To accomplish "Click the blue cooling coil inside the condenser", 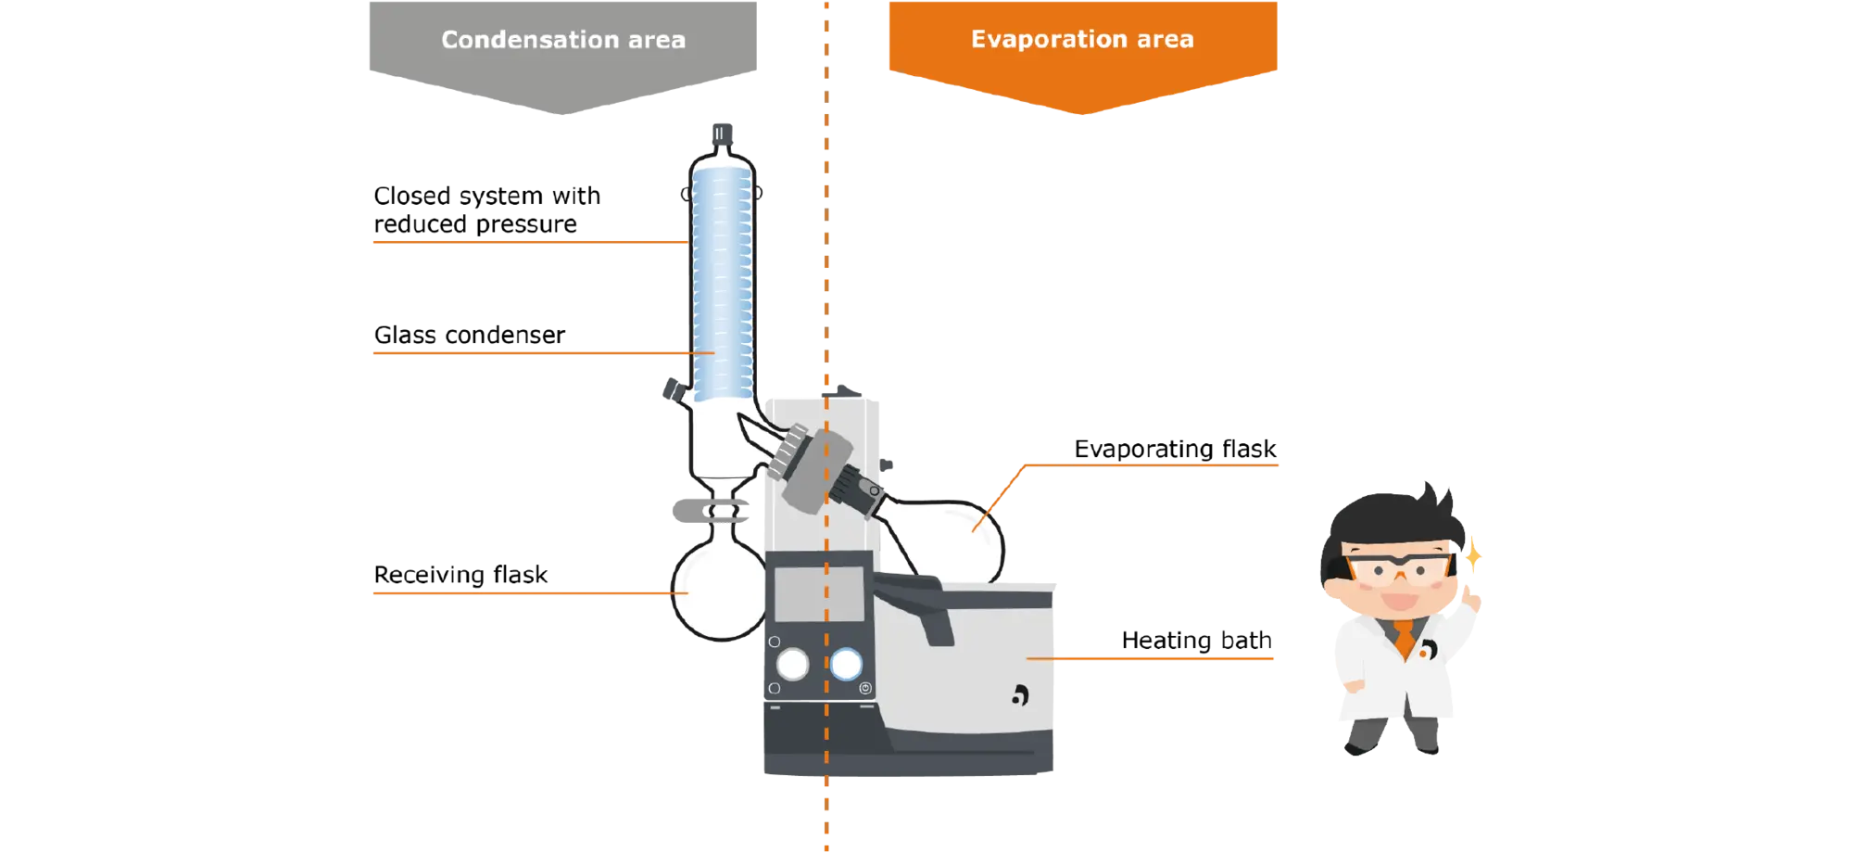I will [722, 278].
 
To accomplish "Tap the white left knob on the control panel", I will [792, 664].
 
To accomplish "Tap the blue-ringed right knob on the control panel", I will [846, 664].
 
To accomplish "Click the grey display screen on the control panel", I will [818, 593].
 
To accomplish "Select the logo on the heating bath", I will [1020, 694].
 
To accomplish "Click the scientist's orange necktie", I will [1405, 639].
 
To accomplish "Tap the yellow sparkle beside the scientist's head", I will [1472, 556].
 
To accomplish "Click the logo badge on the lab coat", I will [1428, 650].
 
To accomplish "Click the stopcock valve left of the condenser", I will [672, 389].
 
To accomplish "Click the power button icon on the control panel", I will [865, 688].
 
